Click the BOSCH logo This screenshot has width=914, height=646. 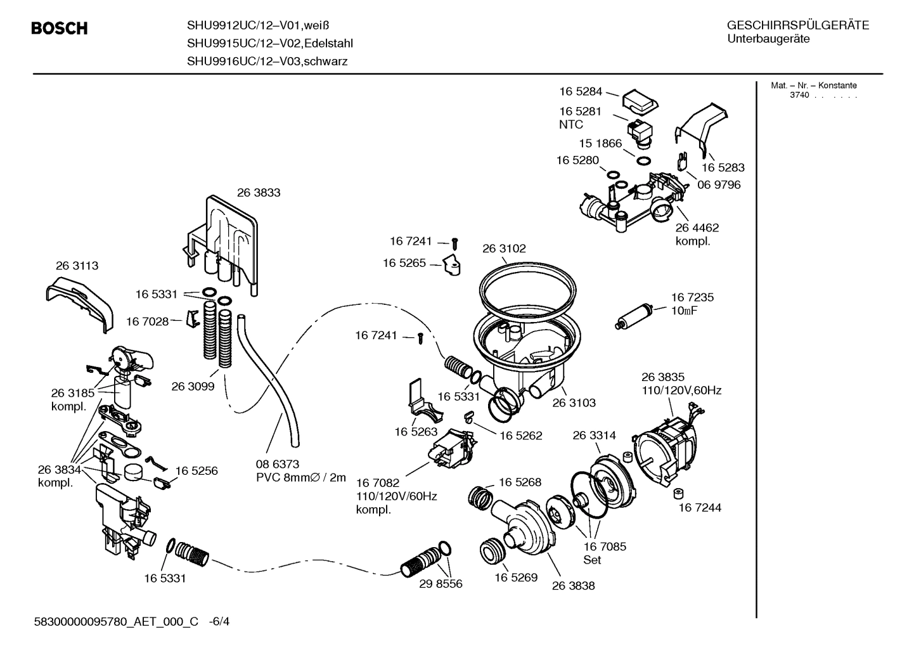tap(60, 29)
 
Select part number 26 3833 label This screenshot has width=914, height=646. tap(258, 192)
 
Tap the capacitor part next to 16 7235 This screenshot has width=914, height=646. tap(634, 317)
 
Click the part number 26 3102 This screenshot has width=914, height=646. tap(504, 249)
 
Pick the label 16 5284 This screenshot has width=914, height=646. tap(581, 91)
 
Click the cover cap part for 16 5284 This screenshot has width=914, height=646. tap(639, 100)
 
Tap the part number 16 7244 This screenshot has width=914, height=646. tap(700, 507)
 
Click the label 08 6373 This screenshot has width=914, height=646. tap(277, 464)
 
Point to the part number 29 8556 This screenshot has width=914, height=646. tap(441, 584)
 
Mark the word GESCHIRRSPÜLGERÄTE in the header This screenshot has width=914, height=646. tap(797, 25)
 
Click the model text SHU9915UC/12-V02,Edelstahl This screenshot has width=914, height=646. tap(269, 43)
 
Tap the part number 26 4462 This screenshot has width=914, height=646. tap(697, 228)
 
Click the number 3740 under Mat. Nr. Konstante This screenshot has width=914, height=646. tap(799, 95)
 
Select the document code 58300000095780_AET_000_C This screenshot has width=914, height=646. tap(117, 622)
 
